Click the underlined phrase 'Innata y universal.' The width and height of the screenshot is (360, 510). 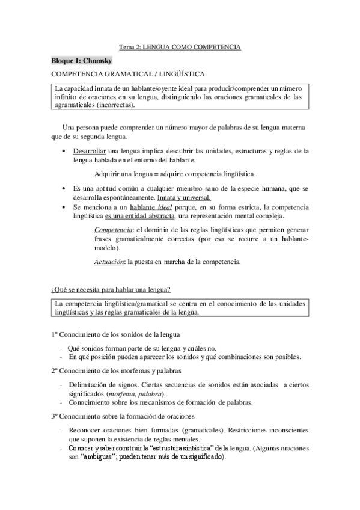click(x=184, y=197)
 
